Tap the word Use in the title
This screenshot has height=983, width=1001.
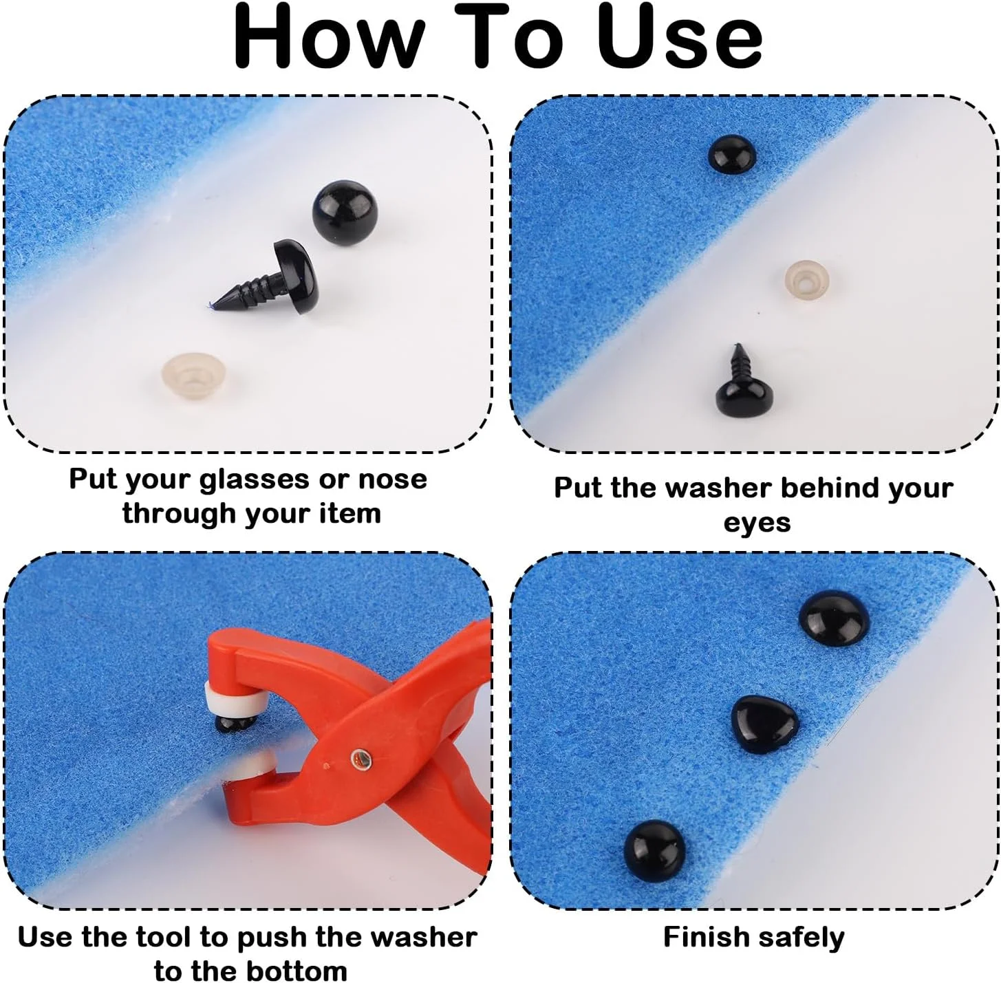tap(682, 37)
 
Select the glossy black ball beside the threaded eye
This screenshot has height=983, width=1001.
tap(345, 213)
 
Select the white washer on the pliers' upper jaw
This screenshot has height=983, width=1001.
tap(236, 698)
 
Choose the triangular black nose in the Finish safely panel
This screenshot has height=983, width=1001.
tap(764, 725)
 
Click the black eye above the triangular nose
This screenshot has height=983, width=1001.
tap(834, 618)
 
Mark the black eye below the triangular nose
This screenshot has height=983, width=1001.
tap(654, 851)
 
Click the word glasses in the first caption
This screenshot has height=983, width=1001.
tap(255, 479)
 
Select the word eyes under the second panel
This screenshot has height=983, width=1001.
tap(757, 523)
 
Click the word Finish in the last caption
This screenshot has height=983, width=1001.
tap(704, 938)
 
